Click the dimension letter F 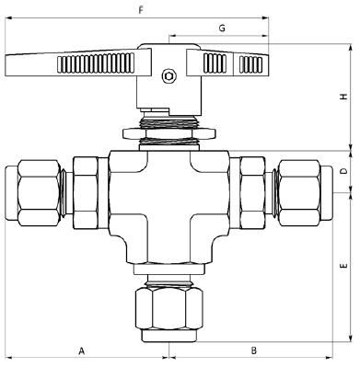[x=141, y=10]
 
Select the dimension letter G [x=222, y=29]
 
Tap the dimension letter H [x=344, y=97]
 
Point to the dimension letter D [x=344, y=170]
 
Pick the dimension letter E [x=344, y=265]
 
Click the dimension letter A [x=81, y=350]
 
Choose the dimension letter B [x=253, y=350]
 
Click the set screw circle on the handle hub [x=168, y=75]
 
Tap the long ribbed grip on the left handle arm [x=96, y=63]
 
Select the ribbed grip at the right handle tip [x=251, y=64]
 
